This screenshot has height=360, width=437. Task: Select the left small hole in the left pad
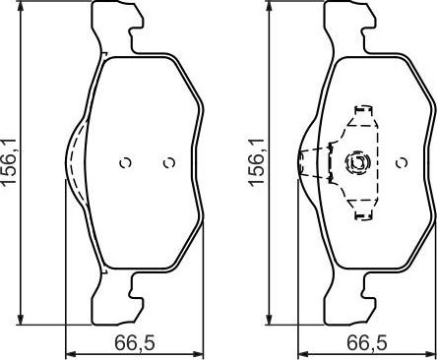[x=124, y=162]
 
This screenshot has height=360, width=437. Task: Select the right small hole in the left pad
[x=168, y=162]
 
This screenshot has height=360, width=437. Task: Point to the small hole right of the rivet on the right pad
[x=403, y=162]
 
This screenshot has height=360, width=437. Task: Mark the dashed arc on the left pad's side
[x=70, y=162]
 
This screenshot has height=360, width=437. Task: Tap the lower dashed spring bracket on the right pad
[x=361, y=208]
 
